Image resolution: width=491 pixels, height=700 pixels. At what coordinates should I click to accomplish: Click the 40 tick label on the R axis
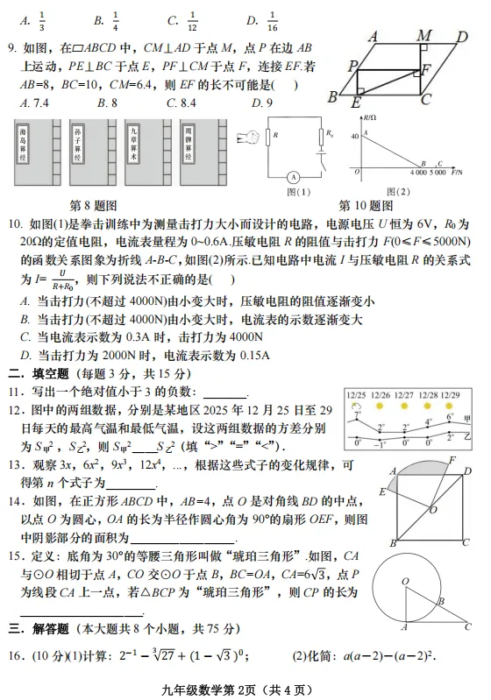(x=355, y=136)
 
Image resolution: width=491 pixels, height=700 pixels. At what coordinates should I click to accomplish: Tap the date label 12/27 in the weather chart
(x=404, y=396)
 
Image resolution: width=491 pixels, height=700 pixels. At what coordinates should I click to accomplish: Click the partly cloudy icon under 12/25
(x=356, y=409)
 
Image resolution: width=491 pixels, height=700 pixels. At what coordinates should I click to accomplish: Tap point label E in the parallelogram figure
(x=356, y=103)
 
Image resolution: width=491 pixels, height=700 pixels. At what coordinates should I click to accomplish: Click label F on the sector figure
(x=452, y=461)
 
